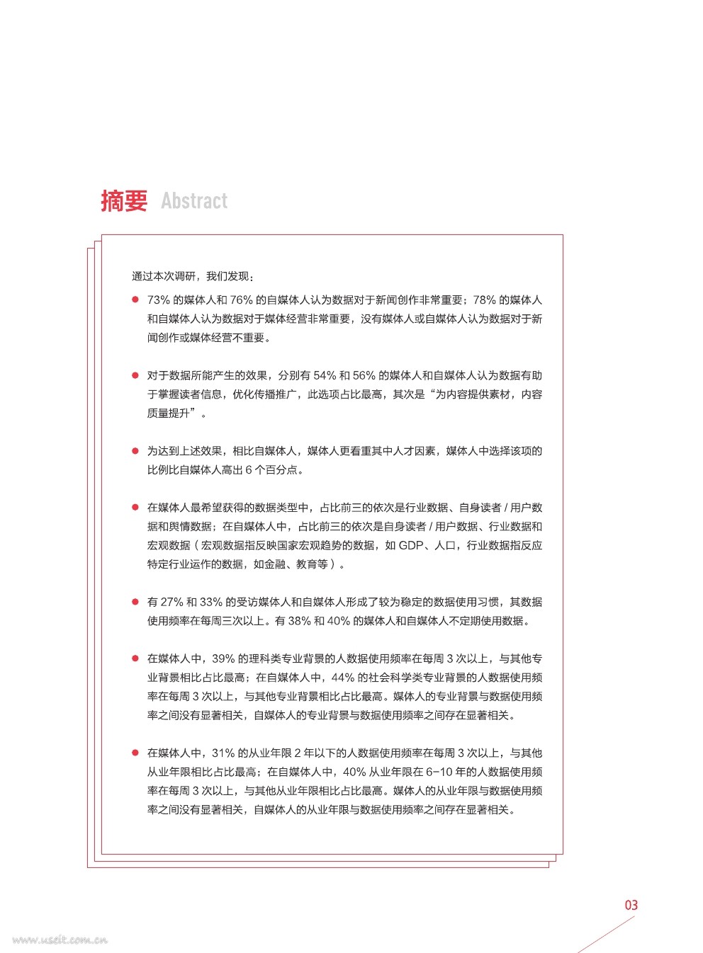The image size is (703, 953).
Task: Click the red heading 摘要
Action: click(124, 201)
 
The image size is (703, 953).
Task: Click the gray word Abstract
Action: click(194, 201)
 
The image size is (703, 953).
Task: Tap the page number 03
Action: click(631, 905)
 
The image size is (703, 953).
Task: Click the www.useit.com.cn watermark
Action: click(60, 940)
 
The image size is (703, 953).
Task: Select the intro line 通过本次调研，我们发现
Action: click(193, 276)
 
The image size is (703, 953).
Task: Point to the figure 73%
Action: click(159, 300)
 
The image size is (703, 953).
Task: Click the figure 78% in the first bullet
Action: click(484, 300)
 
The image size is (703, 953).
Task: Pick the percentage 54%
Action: click(325, 375)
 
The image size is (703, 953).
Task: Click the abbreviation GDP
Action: click(411, 545)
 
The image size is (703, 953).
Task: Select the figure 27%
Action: click(172, 602)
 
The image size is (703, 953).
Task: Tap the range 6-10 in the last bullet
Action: click(439, 772)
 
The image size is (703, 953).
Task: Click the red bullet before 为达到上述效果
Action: click(135, 451)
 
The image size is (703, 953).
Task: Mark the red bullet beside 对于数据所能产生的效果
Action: click(135, 375)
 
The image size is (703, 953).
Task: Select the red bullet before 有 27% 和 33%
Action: click(135, 602)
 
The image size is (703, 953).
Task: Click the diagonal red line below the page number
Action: click(607, 935)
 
